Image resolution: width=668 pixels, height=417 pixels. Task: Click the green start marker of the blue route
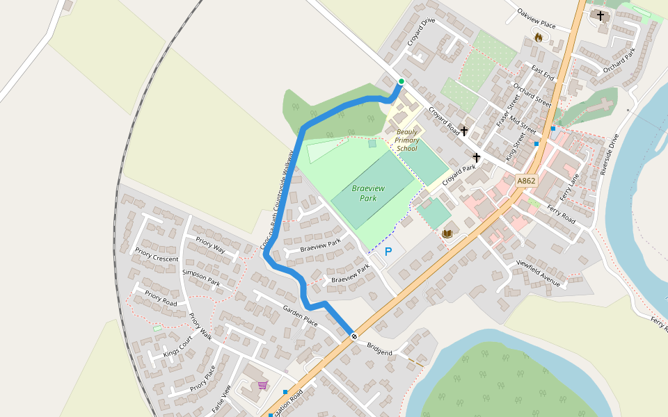click(401, 82)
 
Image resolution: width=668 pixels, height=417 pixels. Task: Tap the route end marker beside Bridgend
click(354, 336)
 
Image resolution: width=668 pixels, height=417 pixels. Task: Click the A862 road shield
click(526, 181)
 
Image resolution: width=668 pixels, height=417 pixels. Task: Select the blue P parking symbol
click(388, 252)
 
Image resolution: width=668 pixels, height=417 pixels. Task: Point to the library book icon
click(447, 234)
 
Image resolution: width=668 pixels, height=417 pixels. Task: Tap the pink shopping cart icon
click(262, 385)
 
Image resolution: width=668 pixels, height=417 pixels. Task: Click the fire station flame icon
click(538, 38)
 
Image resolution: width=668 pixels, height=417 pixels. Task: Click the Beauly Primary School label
click(406, 140)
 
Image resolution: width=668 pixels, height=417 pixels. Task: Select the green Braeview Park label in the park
click(364, 193)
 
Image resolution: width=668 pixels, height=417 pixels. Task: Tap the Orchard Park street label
click(619, 60)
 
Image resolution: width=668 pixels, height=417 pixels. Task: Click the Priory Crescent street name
click(157, 254)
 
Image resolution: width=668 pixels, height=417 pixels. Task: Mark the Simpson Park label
click(200, 278)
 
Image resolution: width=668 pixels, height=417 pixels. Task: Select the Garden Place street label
click(300, 316)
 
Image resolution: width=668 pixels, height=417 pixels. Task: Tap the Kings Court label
click(177, 347)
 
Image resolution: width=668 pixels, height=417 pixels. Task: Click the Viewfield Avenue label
click(538, 273)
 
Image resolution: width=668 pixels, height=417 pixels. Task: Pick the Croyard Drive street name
click(421, 33)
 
